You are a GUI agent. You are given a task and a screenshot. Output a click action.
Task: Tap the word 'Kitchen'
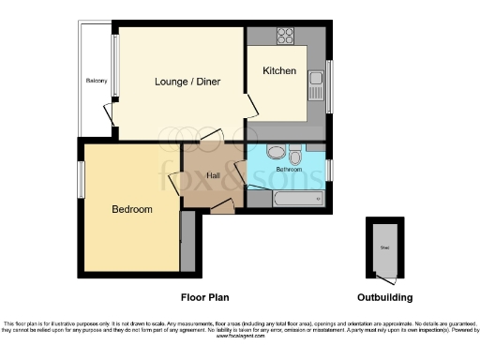point(279,71)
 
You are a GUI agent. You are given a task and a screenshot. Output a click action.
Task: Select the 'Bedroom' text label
point(131,209)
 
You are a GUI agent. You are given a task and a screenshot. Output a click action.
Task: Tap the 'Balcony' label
point(97,81)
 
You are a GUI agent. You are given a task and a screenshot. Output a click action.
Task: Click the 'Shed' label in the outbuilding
point(384,247)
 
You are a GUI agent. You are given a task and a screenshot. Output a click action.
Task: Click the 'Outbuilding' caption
point(384,297)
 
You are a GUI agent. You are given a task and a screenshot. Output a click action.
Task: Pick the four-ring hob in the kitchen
point(286,37)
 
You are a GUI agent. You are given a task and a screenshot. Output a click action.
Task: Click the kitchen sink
point(316,89)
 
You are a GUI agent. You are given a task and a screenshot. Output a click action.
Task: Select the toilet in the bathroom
point(295,155)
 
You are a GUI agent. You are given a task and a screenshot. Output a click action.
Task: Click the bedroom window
point(81,178)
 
